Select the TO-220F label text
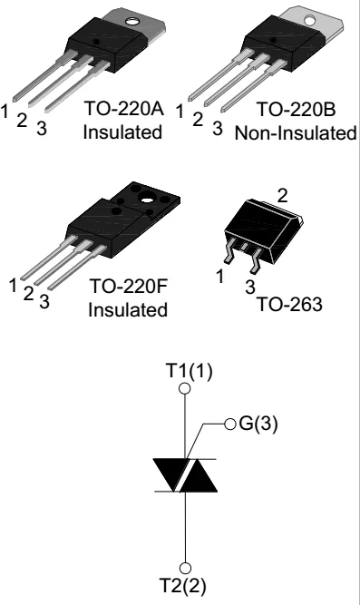point(128,289)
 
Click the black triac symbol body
point(186,476)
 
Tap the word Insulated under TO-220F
point(128,311)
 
